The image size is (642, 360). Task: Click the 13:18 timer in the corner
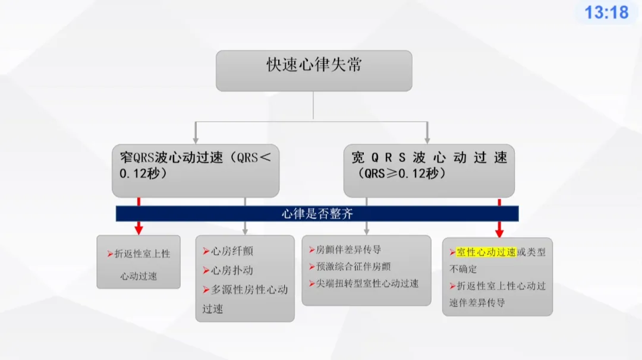606,12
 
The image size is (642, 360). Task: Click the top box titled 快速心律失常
313,70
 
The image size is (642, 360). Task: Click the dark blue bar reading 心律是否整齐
317,214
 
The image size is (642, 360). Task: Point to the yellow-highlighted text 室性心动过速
486,252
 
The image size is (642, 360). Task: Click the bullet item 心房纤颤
232,252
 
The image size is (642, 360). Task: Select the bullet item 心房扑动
232,270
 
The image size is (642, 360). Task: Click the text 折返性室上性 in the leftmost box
142,254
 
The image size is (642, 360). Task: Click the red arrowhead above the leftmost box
139,229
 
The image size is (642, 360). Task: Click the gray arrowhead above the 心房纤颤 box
245,230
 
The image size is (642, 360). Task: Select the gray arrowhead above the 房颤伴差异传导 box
366,230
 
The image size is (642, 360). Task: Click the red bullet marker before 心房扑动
206,270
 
